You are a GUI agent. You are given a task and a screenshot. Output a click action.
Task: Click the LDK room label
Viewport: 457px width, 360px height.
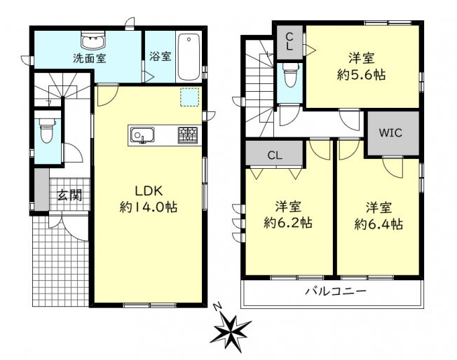149,191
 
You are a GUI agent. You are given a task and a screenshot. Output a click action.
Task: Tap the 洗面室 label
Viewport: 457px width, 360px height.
90,58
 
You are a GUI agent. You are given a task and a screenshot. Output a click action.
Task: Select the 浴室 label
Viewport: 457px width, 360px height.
161,56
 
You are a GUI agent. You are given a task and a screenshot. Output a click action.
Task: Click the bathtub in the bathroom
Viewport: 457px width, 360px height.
189,57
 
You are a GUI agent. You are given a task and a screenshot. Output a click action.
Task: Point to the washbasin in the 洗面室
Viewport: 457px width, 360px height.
93,41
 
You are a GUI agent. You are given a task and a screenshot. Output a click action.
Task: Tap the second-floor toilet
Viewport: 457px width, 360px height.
291,74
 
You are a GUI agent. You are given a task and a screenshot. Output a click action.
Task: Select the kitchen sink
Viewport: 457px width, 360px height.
142,135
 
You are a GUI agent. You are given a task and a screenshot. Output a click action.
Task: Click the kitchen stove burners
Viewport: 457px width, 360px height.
188,135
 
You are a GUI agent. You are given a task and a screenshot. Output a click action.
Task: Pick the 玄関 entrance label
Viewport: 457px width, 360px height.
69,195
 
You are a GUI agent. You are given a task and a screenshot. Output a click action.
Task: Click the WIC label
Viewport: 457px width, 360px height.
390,133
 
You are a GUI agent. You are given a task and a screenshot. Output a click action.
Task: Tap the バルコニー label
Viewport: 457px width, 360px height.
335,291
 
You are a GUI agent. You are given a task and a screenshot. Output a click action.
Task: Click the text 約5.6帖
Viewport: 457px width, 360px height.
362,75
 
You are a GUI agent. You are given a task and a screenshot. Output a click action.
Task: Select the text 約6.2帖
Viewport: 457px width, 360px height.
288,223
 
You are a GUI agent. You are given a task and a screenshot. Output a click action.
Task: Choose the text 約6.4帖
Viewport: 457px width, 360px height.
379,224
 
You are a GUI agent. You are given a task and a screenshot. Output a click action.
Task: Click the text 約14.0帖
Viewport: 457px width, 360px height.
149,207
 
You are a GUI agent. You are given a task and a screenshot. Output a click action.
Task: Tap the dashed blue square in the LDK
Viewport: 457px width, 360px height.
190,97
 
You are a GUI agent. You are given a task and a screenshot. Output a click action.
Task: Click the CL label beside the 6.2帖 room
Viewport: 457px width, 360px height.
275,155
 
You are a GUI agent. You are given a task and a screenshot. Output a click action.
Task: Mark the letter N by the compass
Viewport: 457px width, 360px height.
217,307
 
